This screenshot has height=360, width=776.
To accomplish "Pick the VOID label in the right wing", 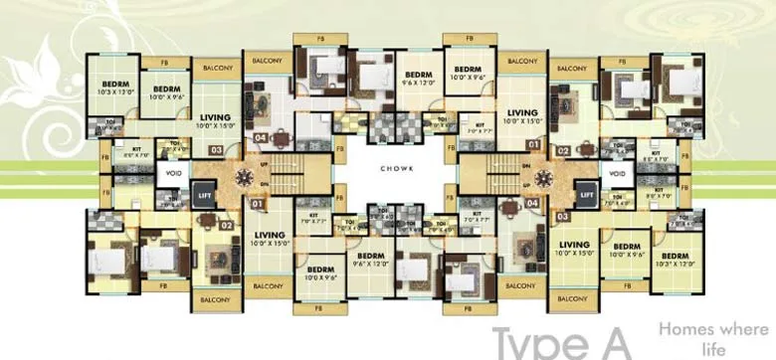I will tap(618, 175).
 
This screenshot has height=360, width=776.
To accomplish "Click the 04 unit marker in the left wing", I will tap(261, 138).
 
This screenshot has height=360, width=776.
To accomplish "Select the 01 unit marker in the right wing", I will tap(534, 144).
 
